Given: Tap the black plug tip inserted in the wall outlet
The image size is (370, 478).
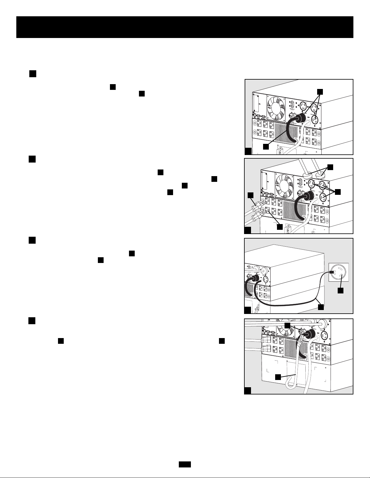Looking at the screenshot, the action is coord(331,272).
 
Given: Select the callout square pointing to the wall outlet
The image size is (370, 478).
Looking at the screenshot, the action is coord(340,291).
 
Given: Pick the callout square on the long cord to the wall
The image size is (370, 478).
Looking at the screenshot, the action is coord(321,307).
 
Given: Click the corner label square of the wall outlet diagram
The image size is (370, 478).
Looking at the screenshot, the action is coord(247,310).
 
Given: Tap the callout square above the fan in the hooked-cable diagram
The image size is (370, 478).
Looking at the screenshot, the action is coord(287,325).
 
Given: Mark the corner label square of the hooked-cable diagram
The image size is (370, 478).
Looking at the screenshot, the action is coord(247,391).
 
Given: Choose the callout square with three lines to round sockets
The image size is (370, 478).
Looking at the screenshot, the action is coord(338,192).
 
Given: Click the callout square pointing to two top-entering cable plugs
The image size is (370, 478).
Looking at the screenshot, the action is coord(331,167).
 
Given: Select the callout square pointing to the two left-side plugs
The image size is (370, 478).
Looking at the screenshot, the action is coord(250,195).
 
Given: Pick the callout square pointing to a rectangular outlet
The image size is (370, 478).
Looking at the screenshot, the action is coord(280,226).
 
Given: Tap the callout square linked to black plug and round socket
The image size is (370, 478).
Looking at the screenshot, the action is coord(320,91).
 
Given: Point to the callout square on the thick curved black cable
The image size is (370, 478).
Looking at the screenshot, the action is coord(265,147).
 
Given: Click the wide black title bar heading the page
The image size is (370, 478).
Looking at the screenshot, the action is coord(185,27).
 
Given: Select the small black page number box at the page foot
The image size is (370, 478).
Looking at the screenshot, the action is coord(185,465).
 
